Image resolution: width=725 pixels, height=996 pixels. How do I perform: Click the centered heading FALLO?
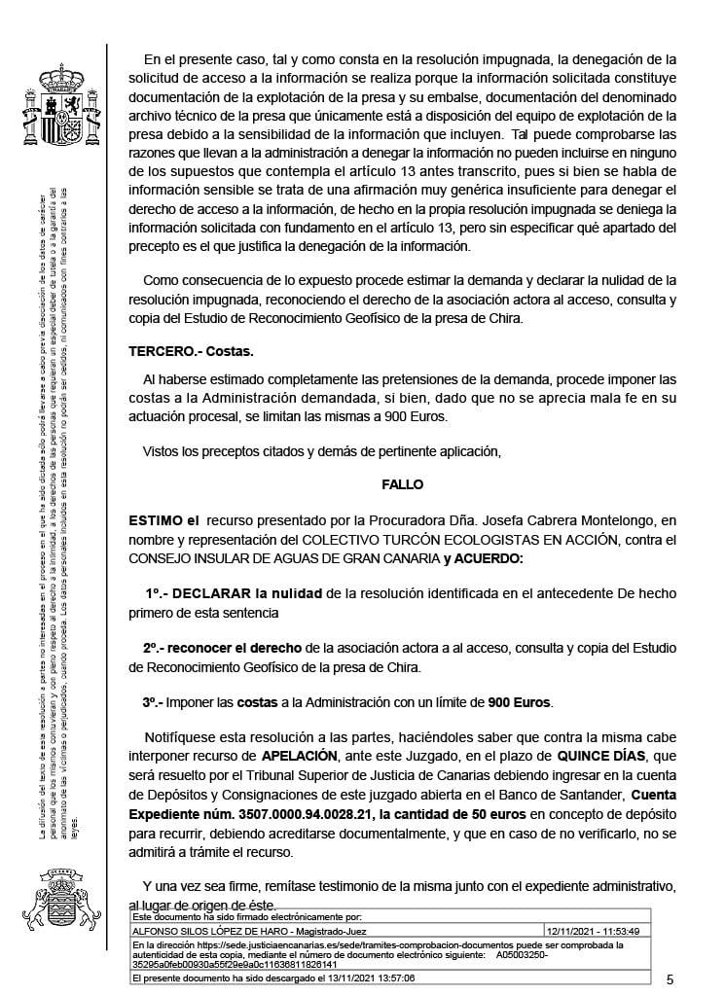click(x=404, y=483)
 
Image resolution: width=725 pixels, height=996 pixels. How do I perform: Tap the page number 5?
click(x=670, y=978)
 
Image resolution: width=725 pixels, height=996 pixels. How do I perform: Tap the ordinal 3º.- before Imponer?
click(x=153, y=700)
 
